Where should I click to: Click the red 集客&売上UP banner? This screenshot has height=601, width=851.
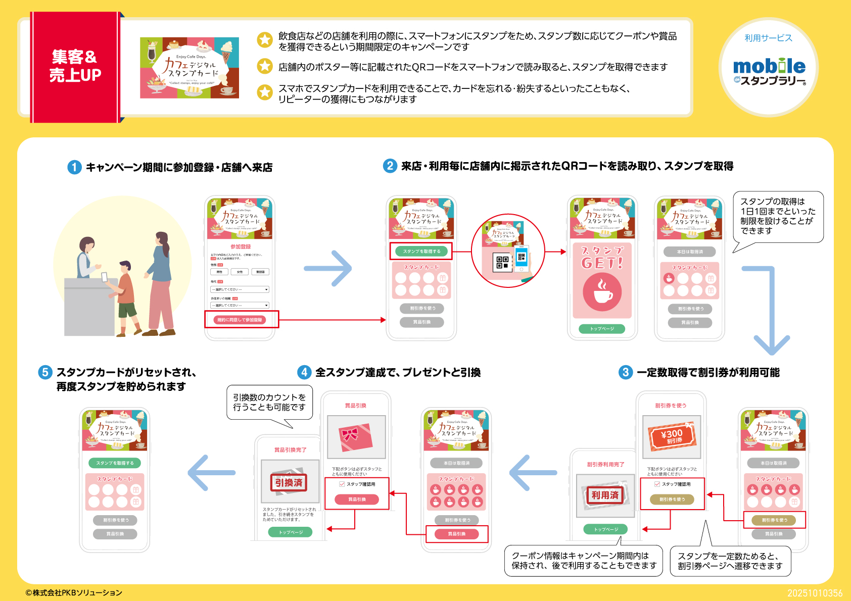75,67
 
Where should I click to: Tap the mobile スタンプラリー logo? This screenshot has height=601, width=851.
769,71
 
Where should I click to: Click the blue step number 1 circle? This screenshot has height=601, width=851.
74,167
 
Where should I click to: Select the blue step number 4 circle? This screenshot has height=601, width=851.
304,372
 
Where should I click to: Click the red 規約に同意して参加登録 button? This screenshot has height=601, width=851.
240,320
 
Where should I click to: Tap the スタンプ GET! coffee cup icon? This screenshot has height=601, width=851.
602,292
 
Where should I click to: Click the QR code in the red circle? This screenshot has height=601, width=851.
502,262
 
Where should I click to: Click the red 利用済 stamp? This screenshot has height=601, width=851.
605,495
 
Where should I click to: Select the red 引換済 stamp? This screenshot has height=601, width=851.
289,482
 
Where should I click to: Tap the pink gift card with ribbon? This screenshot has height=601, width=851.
356,436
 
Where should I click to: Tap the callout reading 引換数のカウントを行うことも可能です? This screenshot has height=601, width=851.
269,403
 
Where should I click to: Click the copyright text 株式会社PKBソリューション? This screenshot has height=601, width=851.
74,592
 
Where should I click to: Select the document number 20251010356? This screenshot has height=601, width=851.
815,593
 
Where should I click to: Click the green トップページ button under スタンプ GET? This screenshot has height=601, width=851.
602,329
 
